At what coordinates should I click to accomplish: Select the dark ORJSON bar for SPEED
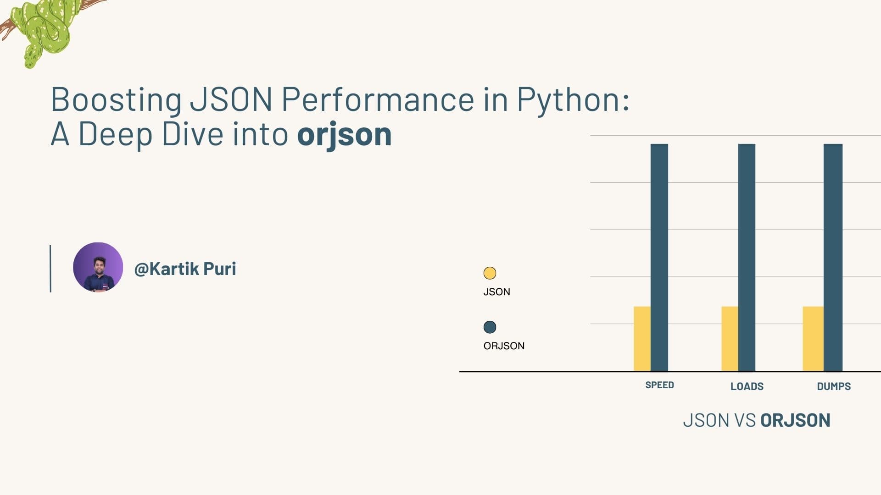click(x=659, y=257)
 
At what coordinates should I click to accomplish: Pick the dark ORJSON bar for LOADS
click(x=747, y=257)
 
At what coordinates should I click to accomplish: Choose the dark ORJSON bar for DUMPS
click(x=833, y=257)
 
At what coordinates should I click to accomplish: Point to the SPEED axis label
click(x=659, y=385)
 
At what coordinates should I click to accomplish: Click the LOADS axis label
click(x=747, y=386)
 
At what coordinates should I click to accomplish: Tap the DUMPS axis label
click(x=833, y=386)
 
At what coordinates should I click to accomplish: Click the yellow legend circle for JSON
click(x=490, y=273)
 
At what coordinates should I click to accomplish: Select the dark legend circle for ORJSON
click(x=490, y=327)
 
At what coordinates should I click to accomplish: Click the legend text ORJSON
click(x=504, y=346)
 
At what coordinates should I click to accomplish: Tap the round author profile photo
click(x=98, y=267)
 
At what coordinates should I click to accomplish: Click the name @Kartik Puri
click(x=185, y=269)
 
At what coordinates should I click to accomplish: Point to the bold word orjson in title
click(x=344, y=134)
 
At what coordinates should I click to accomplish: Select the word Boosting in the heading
click(x=116, y=99)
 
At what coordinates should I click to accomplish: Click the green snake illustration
click(x=44, y=30)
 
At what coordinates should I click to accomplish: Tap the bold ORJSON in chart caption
click(x=795, y=420)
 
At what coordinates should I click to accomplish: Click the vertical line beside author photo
click(x=50, y=269)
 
